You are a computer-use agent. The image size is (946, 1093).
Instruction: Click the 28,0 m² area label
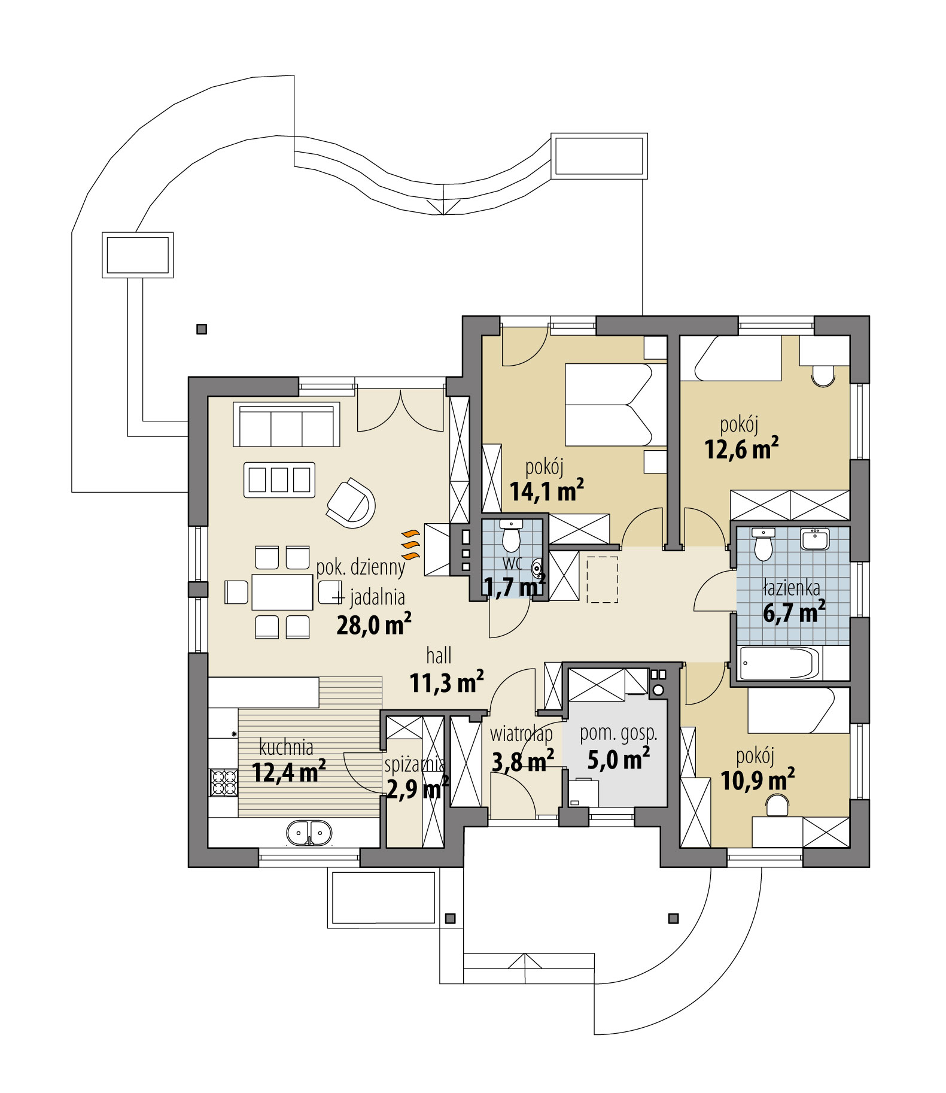tap(373, 624)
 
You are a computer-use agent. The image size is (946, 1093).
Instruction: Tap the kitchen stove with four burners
tap(223, 782)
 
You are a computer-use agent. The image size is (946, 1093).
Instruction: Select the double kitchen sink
tap(309, 833)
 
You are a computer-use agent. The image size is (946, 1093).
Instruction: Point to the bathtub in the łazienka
tap(778, 664)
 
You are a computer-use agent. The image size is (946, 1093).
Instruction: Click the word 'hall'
tap(439, 655)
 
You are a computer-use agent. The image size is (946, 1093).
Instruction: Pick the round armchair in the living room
tap(352, 502)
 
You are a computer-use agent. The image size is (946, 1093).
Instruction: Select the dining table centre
tap(282, 592)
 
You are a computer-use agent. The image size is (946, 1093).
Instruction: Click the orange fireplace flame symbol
tap(410, 544)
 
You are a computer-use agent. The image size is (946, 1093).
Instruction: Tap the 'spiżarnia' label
tap(414, 764)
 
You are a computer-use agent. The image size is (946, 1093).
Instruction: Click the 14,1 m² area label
tap(546, 491)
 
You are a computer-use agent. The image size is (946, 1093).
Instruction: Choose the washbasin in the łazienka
tap(814, 539)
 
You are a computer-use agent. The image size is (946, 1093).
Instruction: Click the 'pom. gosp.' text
tap(618, 733)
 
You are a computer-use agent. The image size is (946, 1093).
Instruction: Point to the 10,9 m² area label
tap(758, 781)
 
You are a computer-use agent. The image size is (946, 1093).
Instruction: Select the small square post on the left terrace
tap(202, 329)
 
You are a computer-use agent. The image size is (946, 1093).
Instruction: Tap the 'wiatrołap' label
tap(521, 733)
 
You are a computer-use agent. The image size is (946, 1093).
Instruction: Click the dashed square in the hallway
tap(602, 579)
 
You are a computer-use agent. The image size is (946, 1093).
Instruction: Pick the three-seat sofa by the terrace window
tap(287, 424)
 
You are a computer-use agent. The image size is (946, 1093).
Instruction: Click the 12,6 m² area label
tap(741, 449)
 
